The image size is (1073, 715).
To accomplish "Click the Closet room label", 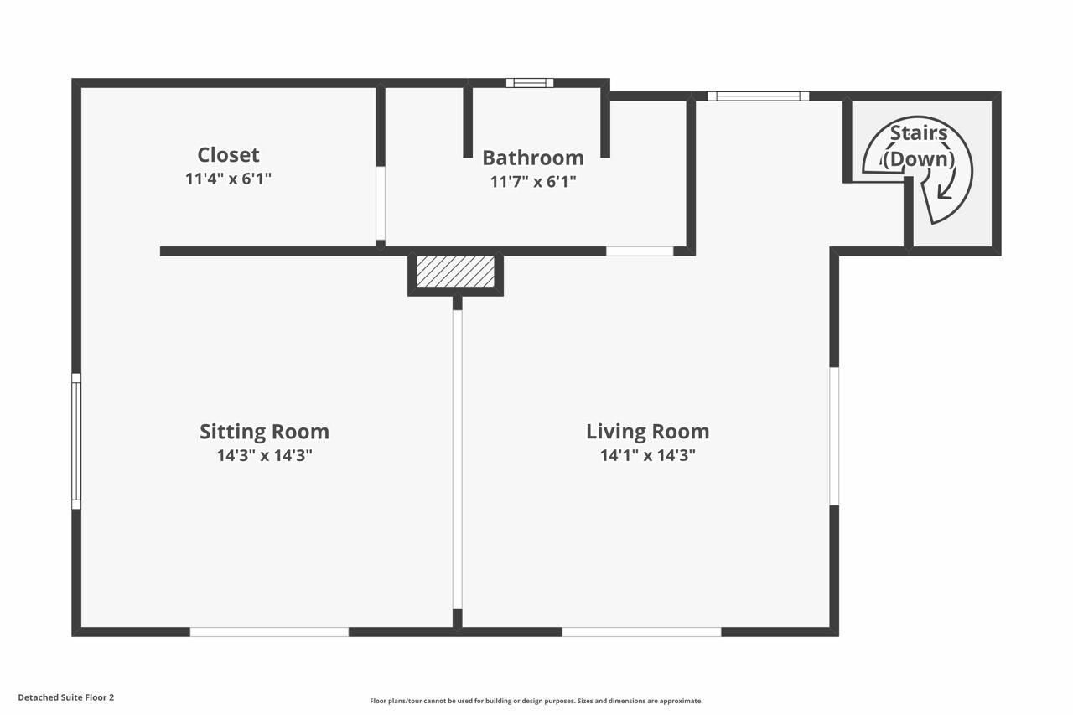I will [x=228, y=155].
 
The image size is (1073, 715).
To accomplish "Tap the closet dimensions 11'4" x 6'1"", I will [x=228, y=179].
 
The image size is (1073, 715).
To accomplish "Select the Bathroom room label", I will [x=533, y=158].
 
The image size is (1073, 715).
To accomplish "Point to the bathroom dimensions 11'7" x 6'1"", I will [x=533, y=181].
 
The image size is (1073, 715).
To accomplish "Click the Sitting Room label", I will [x=264, y=432].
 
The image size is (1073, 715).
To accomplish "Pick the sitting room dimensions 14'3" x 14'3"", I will [x=264, y=456].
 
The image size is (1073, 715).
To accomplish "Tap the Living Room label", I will [x=647, y=432].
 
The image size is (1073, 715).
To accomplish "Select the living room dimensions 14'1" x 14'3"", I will [x=647, y=456].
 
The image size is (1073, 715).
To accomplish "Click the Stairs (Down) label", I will [x=919, y=146].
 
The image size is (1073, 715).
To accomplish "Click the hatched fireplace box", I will [x=455, y=272].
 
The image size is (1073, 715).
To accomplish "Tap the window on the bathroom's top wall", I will [x=530, y=83].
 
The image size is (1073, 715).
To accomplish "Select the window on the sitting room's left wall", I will [x=76, y=441].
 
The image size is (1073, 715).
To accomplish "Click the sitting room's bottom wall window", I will [x=269, y=632].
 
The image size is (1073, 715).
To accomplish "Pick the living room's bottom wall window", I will [x=641, y=632].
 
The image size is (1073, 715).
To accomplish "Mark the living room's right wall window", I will [x=834, y=436].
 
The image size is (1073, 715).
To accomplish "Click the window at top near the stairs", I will [x=758, y=96].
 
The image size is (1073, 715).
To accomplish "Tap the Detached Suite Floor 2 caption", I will [x=65, y=697].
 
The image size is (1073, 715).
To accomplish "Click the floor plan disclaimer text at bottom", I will [x=536, y=701].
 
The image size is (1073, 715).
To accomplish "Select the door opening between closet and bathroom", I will [x=381, y=203].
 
